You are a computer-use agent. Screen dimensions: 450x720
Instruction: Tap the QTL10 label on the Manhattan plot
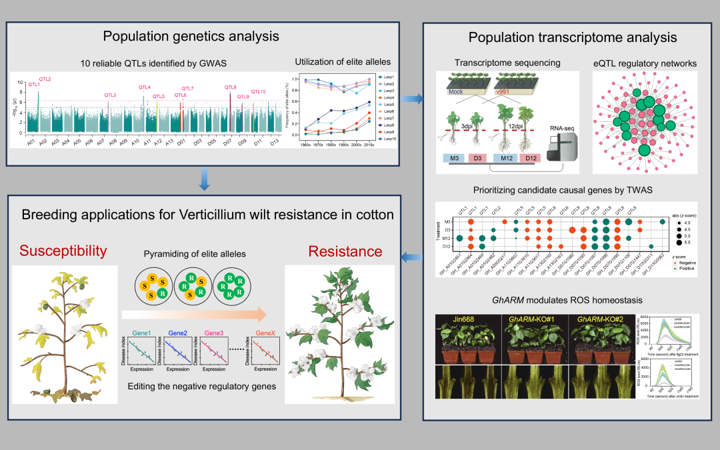pyautogui.click(x=258, y=91)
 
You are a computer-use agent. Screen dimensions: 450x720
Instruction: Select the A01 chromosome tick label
pyautogui.click(x=30, y=141)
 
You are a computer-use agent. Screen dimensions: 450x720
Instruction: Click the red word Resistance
pyautogui.click(x=345, y=251)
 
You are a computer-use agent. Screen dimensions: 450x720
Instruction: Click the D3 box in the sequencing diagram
pyautogui.click(x=477, y=157)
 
